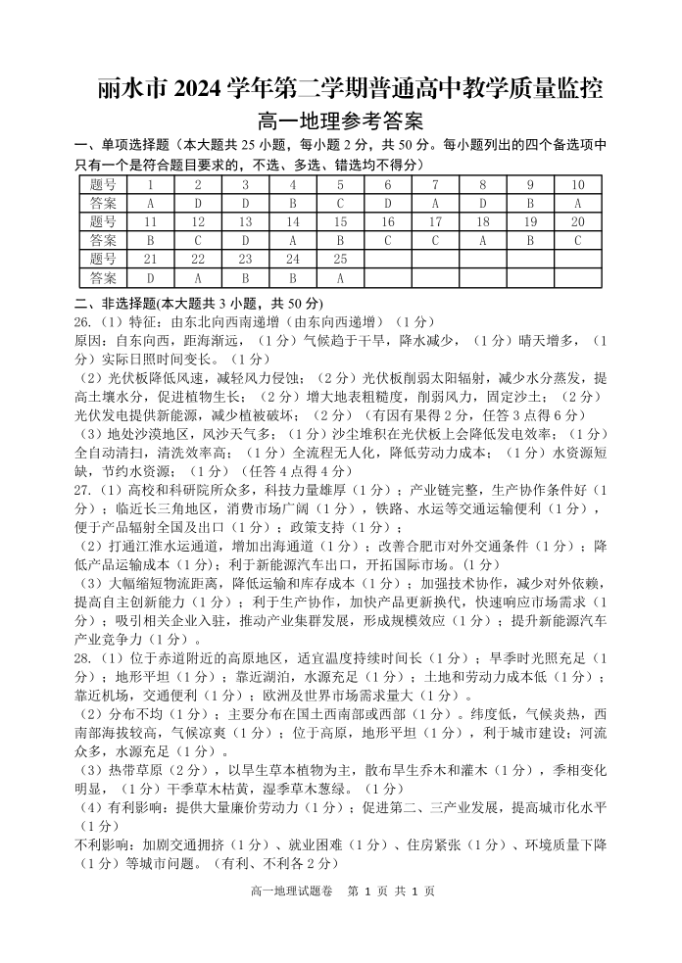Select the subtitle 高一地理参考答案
point(340,122)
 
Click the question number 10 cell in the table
point(577,184)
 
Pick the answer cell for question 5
point(340,203)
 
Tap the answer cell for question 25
point(340,277)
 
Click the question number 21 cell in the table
point(150,259)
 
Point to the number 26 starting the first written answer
point(83,321)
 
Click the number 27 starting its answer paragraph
point(83,489)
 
